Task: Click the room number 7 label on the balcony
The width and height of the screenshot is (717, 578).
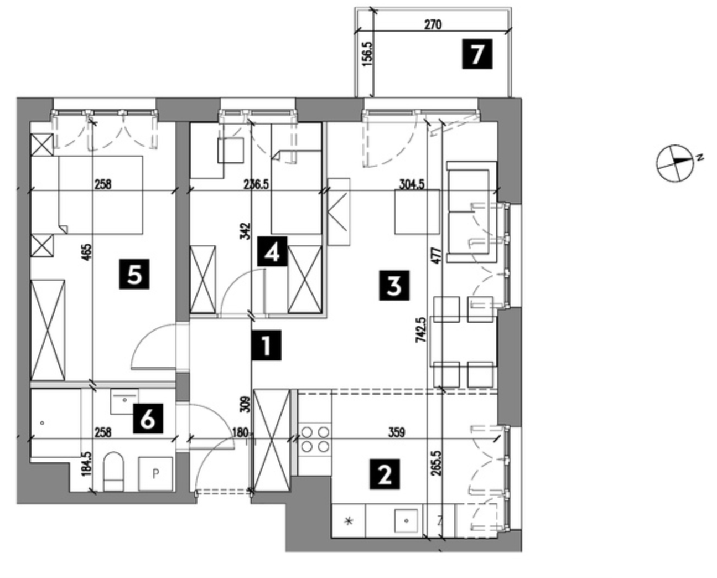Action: coord(477,54)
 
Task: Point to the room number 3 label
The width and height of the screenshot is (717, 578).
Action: coord(394,286)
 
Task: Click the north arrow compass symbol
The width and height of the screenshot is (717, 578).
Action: coord(675,163)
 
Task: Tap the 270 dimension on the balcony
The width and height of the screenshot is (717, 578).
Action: coord(433,25)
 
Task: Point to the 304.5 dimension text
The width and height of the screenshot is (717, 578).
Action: coord(412,184)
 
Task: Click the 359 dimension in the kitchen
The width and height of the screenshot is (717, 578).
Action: coord(397,432)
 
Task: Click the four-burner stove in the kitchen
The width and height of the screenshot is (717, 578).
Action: coord(315,438)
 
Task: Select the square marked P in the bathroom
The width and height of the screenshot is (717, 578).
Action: coord(155,473)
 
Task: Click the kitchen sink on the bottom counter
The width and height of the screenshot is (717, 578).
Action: coord(407,520)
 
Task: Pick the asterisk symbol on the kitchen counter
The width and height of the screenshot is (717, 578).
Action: coord(349,521)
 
